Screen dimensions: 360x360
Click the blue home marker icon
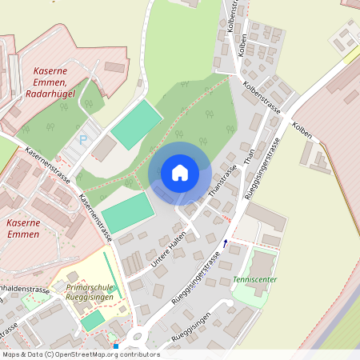point(180,172)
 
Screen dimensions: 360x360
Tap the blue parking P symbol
point(82,139)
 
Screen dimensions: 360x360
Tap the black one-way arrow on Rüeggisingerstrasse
point(226,242)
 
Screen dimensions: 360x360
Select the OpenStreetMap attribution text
point(80,354)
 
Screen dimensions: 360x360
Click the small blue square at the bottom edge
point(116,346)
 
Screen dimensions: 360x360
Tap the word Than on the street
point(249,158)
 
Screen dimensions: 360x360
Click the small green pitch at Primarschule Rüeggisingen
point(94,320)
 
